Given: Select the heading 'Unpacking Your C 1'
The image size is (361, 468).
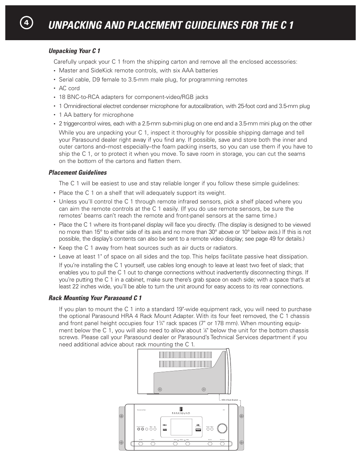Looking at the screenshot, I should pos(74,51).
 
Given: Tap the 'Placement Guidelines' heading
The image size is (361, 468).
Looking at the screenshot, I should pos(78,172).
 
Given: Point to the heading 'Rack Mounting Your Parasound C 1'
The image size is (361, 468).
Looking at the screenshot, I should pos(95,298).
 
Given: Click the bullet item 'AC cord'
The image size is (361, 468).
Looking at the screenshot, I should pos(69,88).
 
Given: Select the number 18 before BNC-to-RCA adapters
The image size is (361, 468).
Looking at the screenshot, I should pos(62,97).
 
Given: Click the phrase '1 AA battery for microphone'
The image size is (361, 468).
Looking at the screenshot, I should pos(96,115).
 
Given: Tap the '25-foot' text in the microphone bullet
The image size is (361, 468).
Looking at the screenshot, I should pos(246,106).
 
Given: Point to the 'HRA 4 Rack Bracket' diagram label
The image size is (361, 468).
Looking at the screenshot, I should pos(230,400).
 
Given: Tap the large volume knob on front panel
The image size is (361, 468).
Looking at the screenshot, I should pos(222,428).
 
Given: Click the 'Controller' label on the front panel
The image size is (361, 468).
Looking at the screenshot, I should pos(142,410).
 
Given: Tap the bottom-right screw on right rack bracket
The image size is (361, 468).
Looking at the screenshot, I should pos(241,442).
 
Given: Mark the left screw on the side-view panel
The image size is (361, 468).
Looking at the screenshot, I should pos(160,389).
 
